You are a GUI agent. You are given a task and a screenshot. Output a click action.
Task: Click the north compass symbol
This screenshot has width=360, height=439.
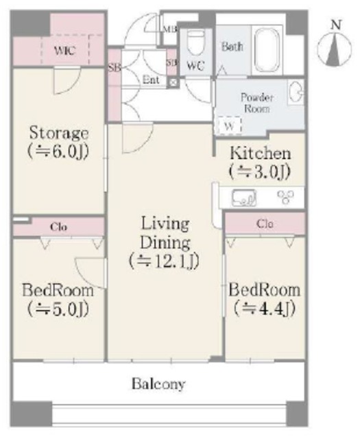[334, 46]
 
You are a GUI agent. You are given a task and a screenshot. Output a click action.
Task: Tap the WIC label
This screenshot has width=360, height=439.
[65, 51]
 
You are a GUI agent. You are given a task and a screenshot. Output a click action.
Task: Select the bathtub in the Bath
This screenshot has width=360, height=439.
[267, 49]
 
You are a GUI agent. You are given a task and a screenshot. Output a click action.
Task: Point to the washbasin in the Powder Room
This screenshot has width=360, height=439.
[296, 92]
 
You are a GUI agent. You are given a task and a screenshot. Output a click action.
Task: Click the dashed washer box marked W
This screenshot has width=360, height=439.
[230, 126]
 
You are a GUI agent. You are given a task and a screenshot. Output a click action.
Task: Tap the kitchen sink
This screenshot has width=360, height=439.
[244, 198]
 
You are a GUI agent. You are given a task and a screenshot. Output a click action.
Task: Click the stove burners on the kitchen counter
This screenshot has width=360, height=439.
[286, 197]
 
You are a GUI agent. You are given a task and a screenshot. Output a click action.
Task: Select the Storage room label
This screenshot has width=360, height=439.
[59, 133]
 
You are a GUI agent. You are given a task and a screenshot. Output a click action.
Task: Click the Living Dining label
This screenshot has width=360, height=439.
[165, 233]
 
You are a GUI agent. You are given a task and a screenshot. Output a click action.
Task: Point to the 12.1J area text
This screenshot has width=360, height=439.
[165, 261]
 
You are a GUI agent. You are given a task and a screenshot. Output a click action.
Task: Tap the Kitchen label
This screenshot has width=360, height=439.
[261, 154]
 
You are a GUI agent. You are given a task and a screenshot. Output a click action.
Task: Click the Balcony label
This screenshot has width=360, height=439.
[158, 384]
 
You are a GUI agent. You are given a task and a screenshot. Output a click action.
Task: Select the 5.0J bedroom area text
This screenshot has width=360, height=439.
[58, 309]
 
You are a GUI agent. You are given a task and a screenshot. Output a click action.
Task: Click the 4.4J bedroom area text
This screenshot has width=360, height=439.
[265, 308]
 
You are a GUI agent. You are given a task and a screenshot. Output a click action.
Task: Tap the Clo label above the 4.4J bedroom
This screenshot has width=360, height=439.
[265, 224]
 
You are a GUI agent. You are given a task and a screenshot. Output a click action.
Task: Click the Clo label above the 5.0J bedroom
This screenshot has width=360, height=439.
[58, 227]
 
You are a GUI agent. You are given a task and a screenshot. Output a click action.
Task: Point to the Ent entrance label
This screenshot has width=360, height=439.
[151, 80]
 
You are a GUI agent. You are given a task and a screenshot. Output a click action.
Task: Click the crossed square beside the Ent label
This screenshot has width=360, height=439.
[173, 82]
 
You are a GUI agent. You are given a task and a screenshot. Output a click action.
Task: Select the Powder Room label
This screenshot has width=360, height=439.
[257, 103]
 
